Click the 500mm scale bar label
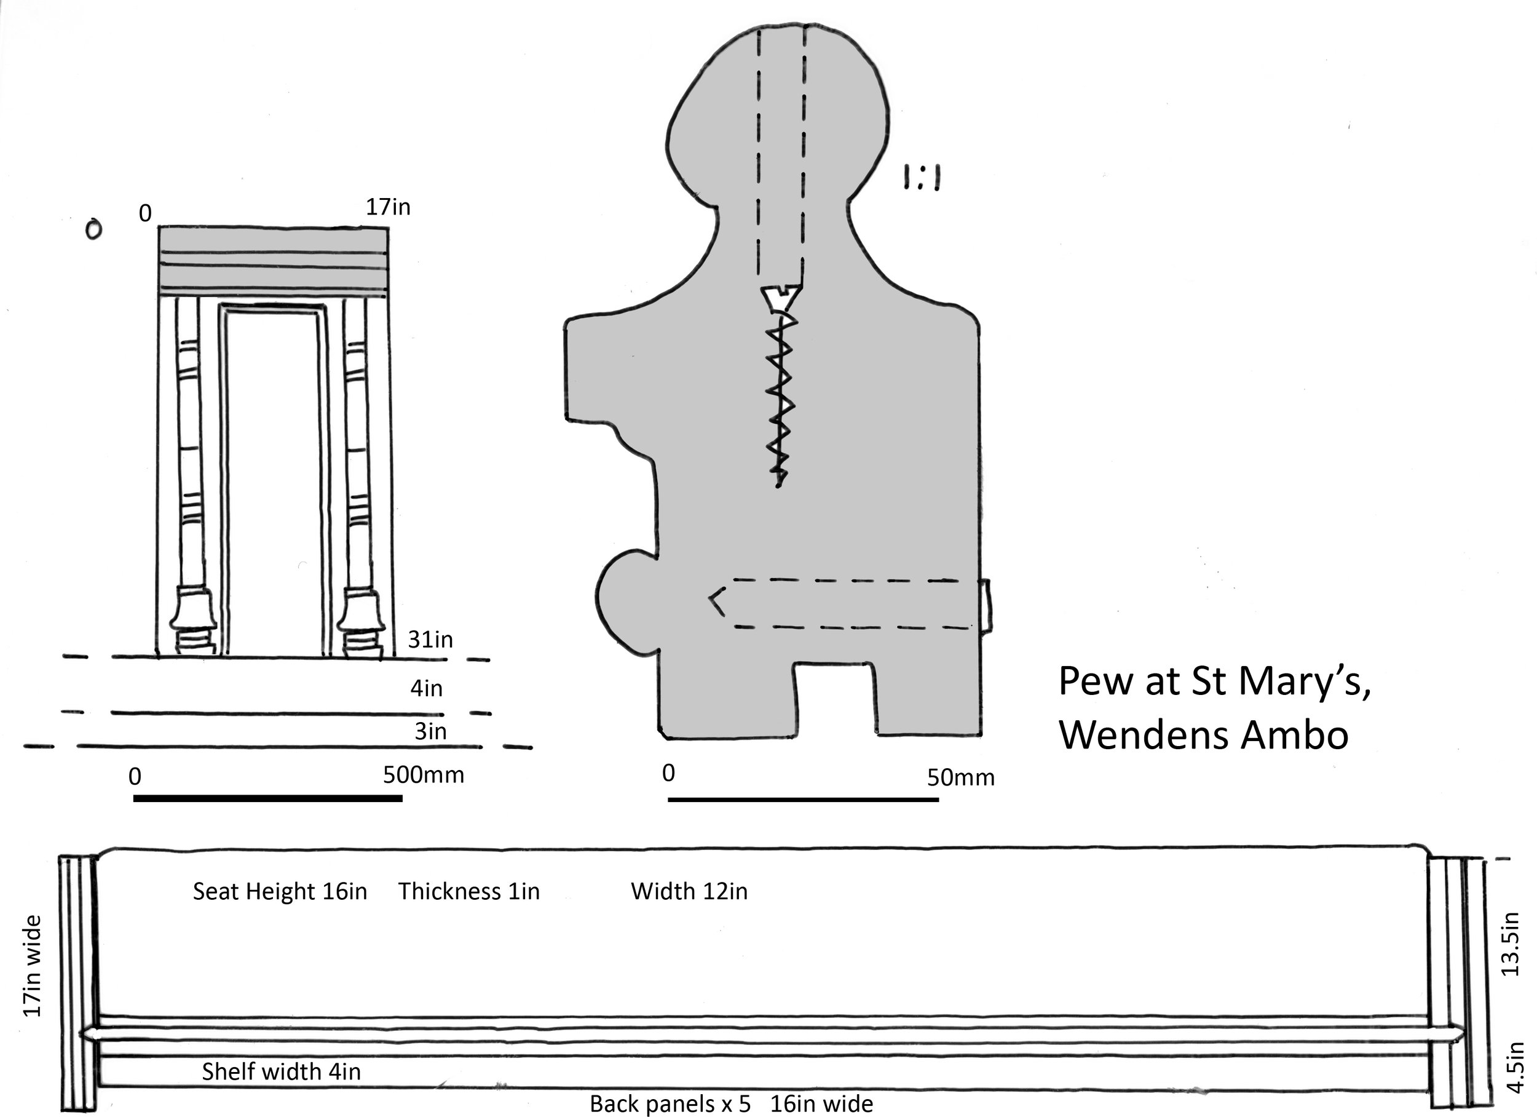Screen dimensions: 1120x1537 424,774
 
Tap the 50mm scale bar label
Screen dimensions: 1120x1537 960,777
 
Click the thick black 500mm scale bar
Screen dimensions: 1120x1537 267,798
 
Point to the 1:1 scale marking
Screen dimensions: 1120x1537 922,178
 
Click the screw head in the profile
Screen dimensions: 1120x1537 781,296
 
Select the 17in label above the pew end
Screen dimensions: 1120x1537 389,207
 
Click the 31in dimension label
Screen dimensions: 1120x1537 430,639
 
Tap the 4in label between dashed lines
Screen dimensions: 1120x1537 425,689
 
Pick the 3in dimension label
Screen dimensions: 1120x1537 430,731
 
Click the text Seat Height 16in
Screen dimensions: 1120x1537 280,892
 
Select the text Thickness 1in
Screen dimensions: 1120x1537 469,892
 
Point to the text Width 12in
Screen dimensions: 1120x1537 689,892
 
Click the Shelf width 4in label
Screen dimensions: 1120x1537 281,1072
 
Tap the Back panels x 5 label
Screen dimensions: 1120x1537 670,1105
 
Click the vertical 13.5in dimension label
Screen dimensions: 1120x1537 1511,945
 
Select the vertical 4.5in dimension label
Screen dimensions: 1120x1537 1515,1067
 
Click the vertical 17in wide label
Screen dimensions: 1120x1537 33,966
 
